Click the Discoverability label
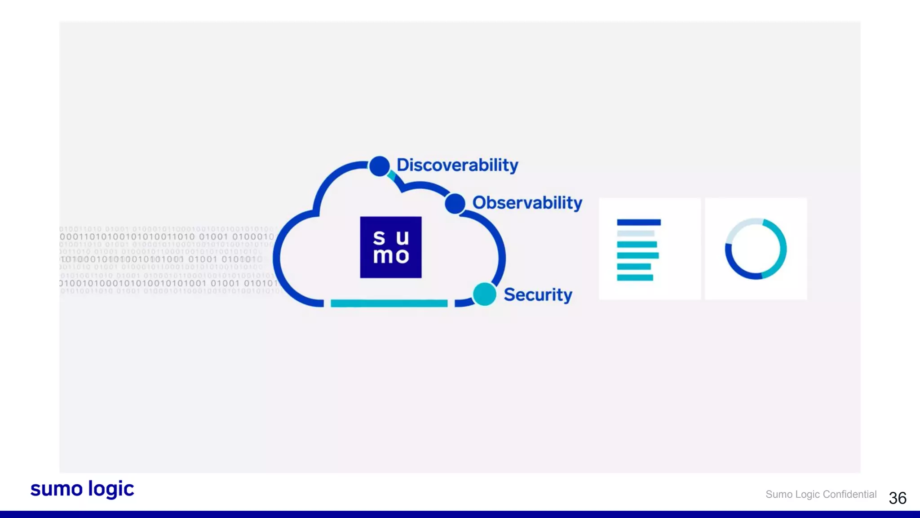coord(457,165)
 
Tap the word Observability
coord(527,203)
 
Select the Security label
coord(538,295)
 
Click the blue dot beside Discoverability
coord(380,166)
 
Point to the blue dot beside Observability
coord(455,204)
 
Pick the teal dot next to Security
coord(484,295)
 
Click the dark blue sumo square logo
coord(391,247)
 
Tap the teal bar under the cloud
coord(389,304)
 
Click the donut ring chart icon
coord(756,249)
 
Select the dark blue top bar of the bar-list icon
coord(639,222)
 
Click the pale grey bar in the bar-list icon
coord(636,233)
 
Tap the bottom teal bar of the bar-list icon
coord(635,277)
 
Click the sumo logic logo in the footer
coord(82,489)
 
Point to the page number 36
coord(898,498)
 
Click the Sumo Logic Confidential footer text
coord(821,495)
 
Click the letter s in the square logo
coord(379,238)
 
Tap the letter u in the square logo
coord(402,238)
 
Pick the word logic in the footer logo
coord(111,489)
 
